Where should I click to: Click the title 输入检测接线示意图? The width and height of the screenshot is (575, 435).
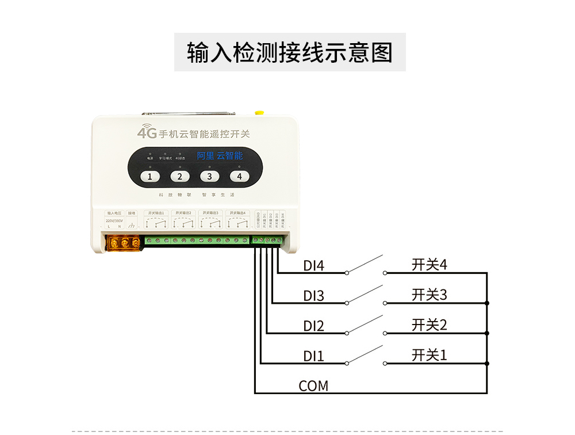click(290, 52)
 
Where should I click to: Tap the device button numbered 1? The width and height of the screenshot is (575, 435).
click(150, 177)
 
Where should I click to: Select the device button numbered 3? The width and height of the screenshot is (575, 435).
click(209, 177)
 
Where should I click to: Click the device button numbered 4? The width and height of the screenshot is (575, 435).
click(239, 177)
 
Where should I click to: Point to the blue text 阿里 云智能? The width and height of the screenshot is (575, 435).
click(220, 156)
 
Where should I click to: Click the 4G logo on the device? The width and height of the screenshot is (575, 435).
click(147, 131)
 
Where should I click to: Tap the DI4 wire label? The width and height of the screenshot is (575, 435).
click(314, 266)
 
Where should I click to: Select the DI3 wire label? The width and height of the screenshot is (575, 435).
click(314, 296)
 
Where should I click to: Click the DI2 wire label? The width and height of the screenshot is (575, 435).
click(314, 326)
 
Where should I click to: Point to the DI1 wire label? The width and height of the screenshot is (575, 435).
click(314, 357)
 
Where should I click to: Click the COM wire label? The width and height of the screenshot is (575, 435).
click(313, 386)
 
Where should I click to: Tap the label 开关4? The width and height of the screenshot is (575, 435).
click(429, 265)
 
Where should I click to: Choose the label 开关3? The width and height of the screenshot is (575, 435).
click(429, 295)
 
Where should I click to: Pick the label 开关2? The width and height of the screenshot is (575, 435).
click(429, 325)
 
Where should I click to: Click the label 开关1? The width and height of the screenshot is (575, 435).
click(429, 355)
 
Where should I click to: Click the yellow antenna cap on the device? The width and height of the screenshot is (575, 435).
click(259, 113)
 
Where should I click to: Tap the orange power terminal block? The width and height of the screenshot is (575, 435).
click(123, 243)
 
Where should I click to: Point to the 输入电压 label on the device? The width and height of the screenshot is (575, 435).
click(114, 213)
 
